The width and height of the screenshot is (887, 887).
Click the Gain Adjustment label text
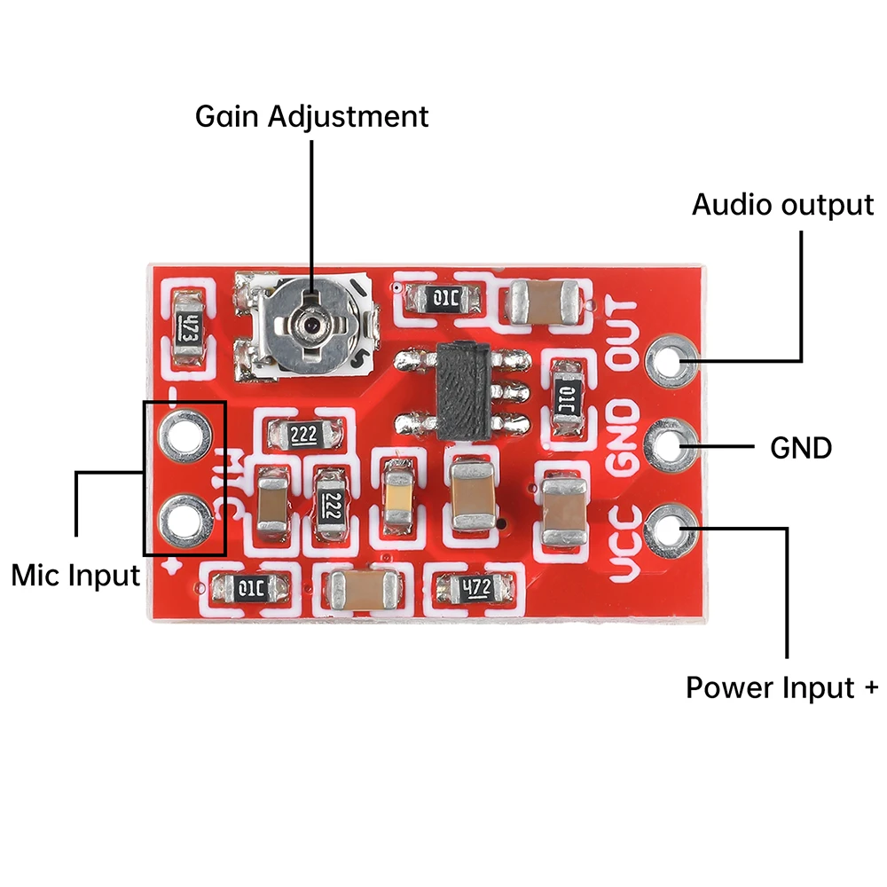(311, 116)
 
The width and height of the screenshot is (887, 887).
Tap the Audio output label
(782, 205)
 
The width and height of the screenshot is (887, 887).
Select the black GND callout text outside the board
(801, 448)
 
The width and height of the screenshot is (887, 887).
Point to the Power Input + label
(781, 687)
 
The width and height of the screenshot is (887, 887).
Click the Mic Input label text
(75, 575)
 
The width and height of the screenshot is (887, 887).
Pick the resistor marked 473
(187, 330)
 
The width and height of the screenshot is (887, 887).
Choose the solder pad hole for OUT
(671, 360)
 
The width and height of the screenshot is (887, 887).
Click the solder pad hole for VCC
(671, 529)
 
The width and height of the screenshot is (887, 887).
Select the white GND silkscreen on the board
(622, 441)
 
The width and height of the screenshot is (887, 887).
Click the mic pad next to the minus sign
(184, 434)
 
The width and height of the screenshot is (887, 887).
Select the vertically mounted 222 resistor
(330, 506)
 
